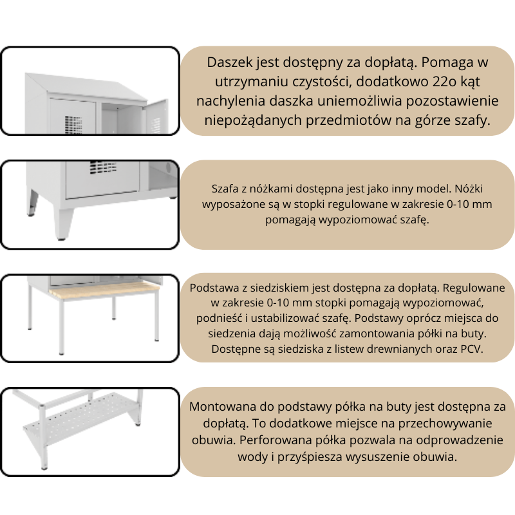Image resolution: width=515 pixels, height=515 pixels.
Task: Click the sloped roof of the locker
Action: [x=89, y=85]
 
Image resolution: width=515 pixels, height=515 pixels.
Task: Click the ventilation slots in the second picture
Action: [x=103, y=167]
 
